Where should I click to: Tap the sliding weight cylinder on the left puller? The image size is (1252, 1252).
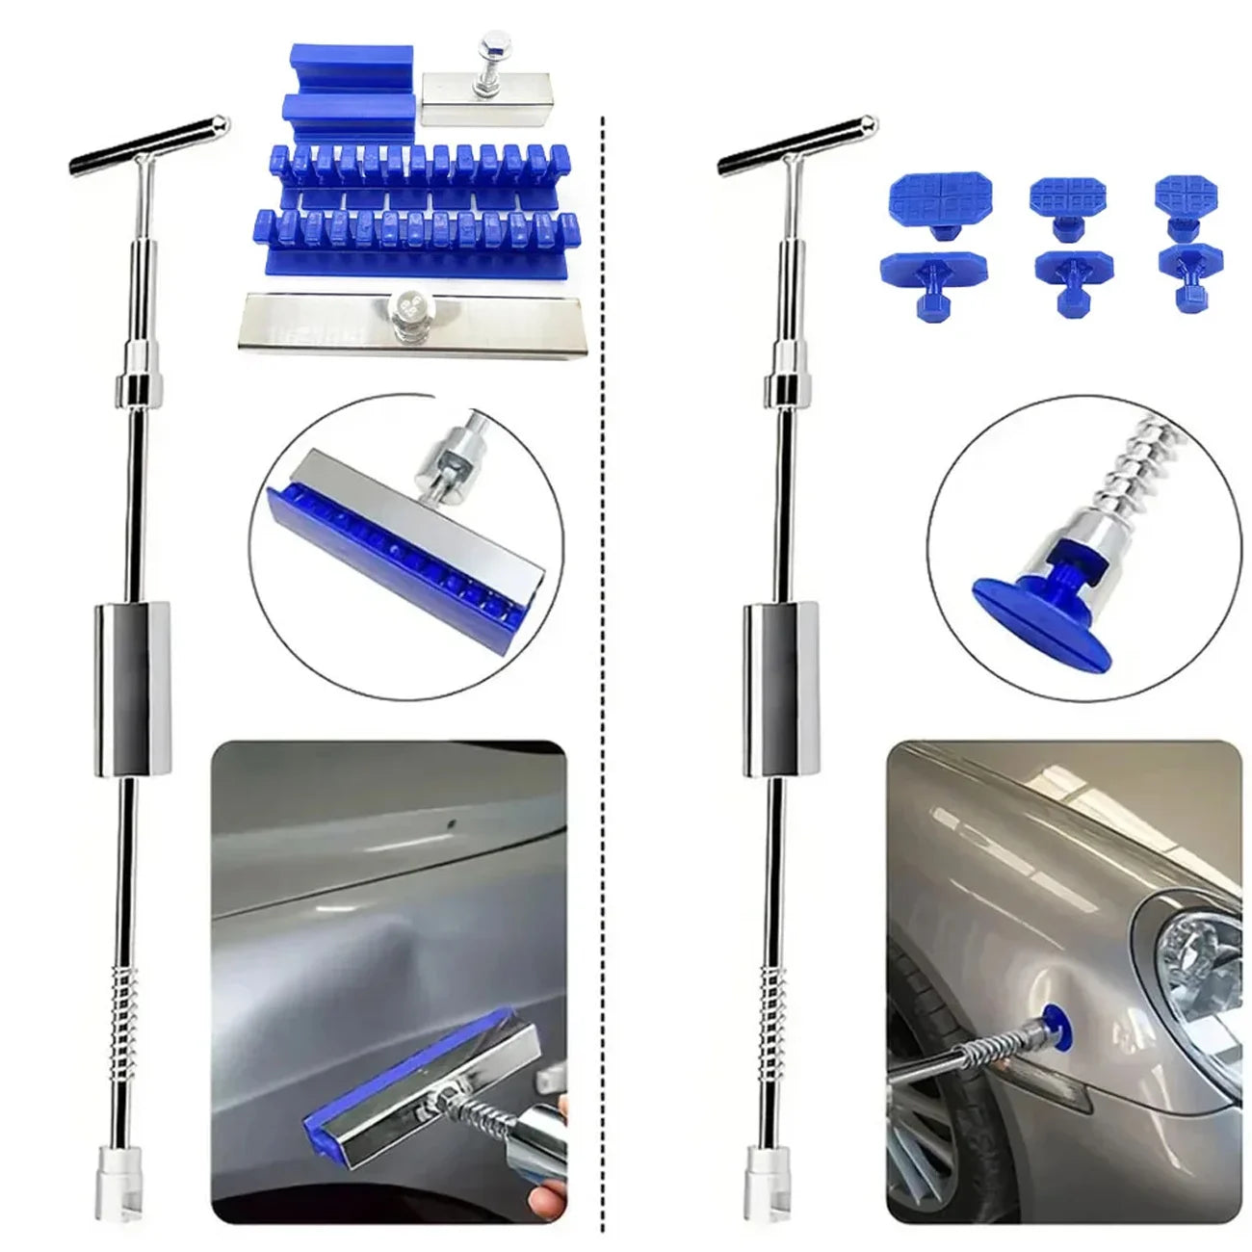[132, 688]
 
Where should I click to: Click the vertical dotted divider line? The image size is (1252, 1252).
[603, 674]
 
